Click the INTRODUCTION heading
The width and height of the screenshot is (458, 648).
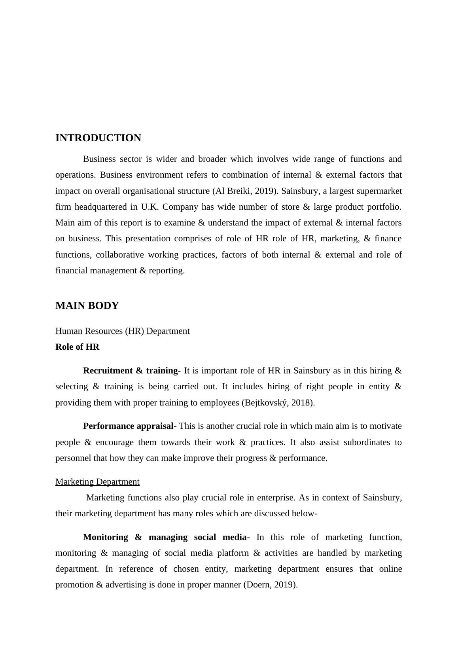coord(98,138)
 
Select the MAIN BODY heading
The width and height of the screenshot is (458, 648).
coord(87,306)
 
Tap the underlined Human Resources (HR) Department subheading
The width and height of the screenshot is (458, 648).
coord(122,331)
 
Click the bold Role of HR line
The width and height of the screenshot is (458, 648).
coord(77,347)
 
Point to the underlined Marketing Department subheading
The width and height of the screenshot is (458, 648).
coord(97,482)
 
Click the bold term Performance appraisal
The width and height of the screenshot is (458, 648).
coord(128,426)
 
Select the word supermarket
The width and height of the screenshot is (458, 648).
coord(379,191)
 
